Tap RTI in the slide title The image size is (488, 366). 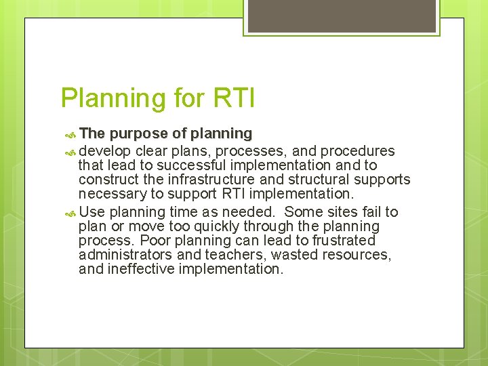coord(233,98)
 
